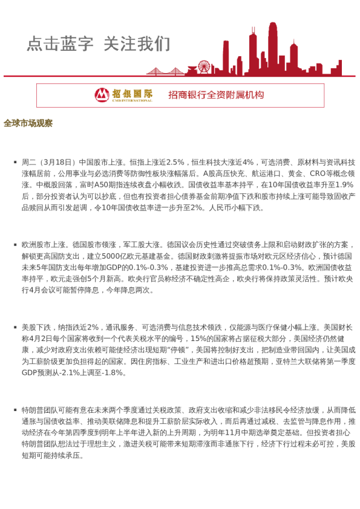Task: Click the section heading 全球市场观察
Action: pyautogui.click(x=28, y=123)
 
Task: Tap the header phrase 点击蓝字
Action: pyautogui.click(x=60, y=44)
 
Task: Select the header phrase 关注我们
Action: pyautogui.click(x=137, y=44)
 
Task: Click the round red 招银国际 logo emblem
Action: pyautogui.click(x=102, y=95)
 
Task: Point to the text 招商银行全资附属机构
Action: pyautogui.click(x=216, y=95)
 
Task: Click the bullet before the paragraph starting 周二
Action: pyautogui.click(x=15, y=162)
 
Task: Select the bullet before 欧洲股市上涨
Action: pyautogui.click(x=15, y=245)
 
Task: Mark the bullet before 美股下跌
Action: pyautogui.click(x=15, y=327)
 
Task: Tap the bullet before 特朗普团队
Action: pyautogui.click(x=15, y=410)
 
